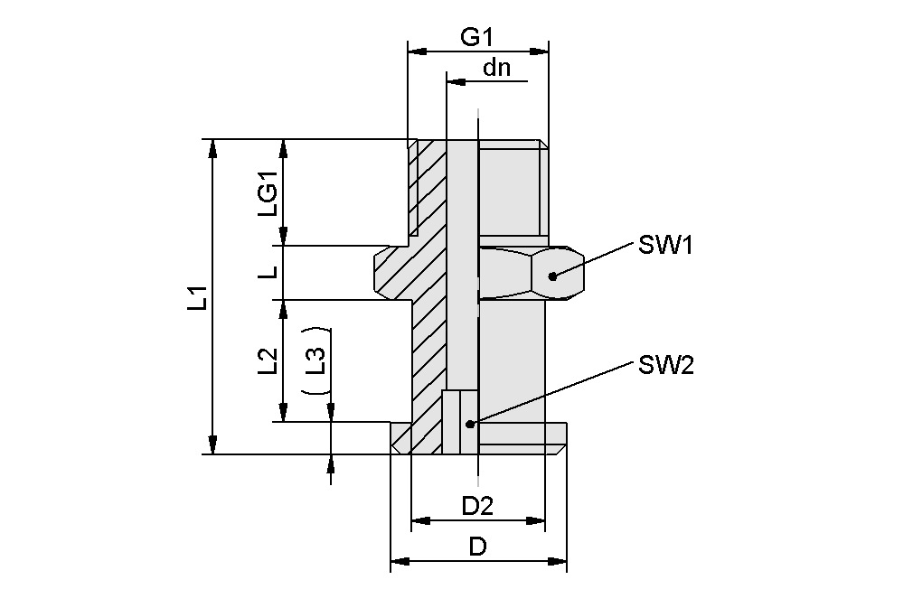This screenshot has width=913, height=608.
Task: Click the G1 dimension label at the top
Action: click(476, 37)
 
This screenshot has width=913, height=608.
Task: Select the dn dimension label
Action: click(495, 68)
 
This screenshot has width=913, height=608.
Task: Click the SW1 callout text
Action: click(665, 245)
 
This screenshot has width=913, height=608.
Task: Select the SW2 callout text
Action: click(665, 365)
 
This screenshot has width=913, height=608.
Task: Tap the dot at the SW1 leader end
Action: click(552, 276)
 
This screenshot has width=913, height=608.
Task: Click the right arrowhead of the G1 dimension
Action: click(541, 51)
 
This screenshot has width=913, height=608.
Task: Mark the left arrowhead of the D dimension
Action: click(399, 563)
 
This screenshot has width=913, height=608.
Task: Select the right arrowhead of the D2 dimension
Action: click(536, 520)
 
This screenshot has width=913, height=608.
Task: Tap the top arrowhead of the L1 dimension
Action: click(212, 147)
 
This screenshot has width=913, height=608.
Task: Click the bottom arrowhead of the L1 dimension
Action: click(212, 445)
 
